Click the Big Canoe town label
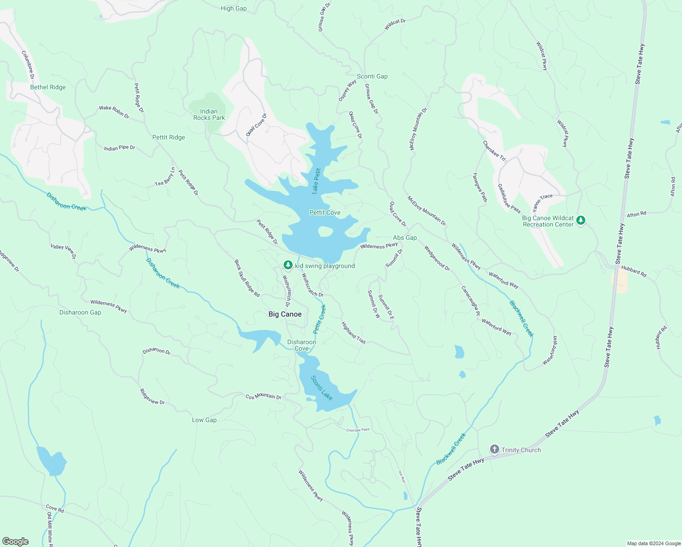285,314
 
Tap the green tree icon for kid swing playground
288,265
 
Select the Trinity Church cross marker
495,449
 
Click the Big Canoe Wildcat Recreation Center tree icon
580,221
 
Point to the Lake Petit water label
316,181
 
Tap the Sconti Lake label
322,388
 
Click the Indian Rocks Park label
209,114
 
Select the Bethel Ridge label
48,87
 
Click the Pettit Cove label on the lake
325,212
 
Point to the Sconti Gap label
372,76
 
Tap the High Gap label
233,8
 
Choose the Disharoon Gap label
80,312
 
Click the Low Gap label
204,420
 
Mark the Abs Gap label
405,237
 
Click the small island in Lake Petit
325,232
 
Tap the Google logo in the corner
15,542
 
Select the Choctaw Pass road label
358,430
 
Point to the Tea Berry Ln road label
165,177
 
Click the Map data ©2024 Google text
653,543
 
